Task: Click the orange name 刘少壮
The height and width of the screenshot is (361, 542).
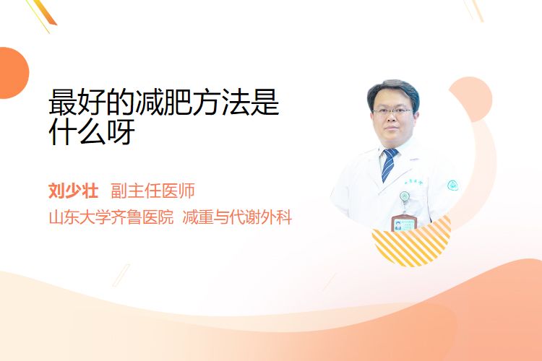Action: [73, 191]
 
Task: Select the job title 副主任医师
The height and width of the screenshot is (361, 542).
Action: [152, 191]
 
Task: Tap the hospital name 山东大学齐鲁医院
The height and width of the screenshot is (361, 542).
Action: [111, 217]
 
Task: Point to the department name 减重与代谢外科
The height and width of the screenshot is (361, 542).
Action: [237, 217]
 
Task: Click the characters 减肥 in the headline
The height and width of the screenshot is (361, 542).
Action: [164, 103]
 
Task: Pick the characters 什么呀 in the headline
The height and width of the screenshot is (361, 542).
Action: [92, 131]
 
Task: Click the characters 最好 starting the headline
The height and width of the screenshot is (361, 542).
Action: [77, 103]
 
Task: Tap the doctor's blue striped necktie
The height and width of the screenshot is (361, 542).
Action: [390, 165]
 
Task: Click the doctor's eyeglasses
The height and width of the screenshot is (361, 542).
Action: [392, 111]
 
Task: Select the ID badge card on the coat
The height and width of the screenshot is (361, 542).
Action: [403, 222]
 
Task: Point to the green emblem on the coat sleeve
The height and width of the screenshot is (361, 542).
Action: [453, 185]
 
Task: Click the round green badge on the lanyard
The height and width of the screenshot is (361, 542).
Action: [405, 196]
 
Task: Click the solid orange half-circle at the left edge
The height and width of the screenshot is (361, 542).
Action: [13, 73]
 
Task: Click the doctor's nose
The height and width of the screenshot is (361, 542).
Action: [392, 118]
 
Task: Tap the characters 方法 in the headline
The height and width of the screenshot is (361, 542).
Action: [221, 103]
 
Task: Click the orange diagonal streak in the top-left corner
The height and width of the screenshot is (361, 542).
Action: [47, 13]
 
